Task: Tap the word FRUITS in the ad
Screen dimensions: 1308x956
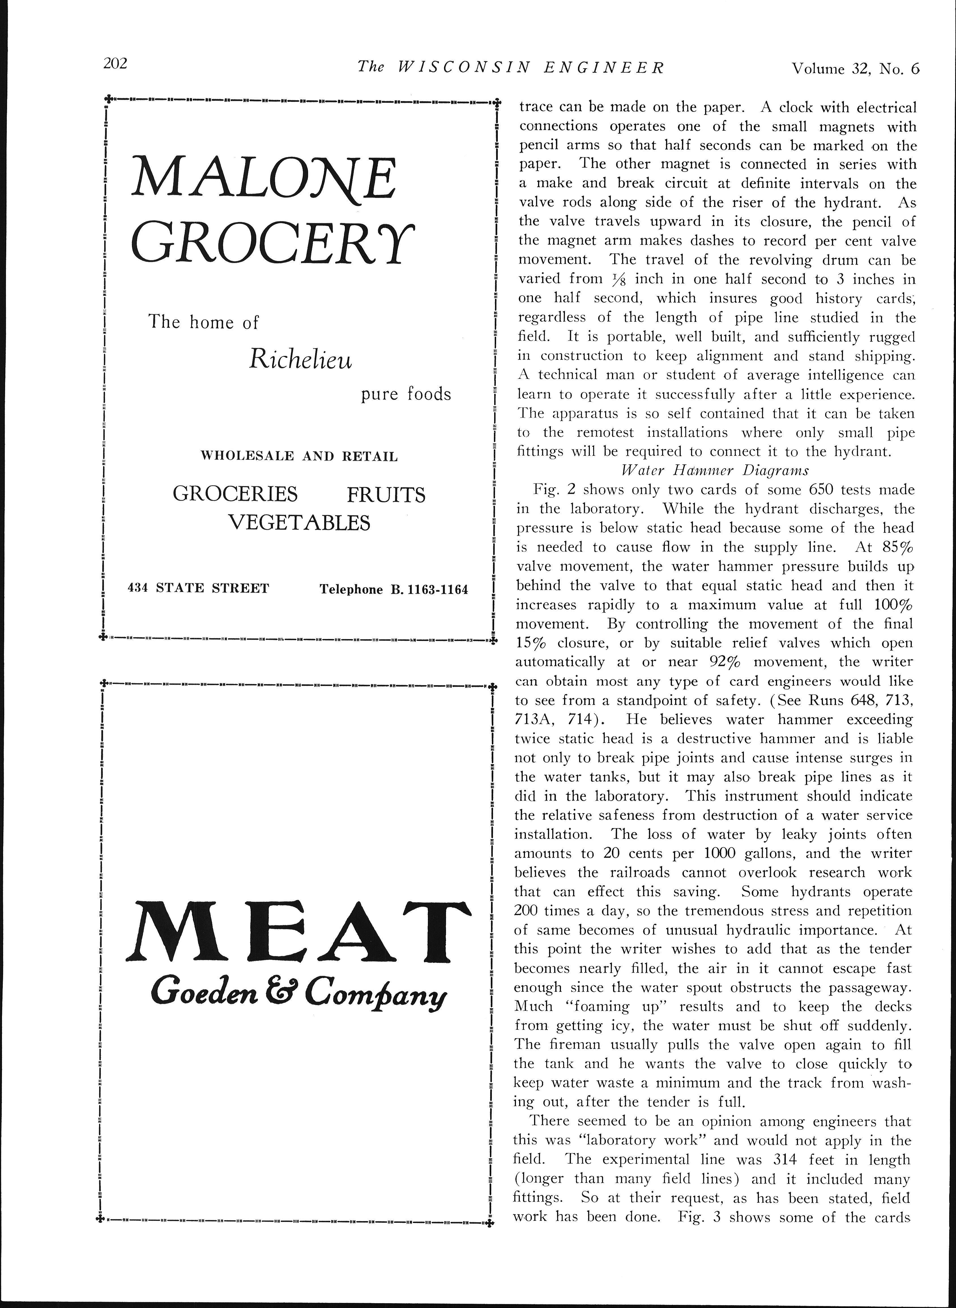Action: (386, 495)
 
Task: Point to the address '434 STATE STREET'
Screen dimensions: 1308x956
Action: (199, 588)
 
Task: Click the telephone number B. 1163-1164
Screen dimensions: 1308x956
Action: (430, 590)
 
